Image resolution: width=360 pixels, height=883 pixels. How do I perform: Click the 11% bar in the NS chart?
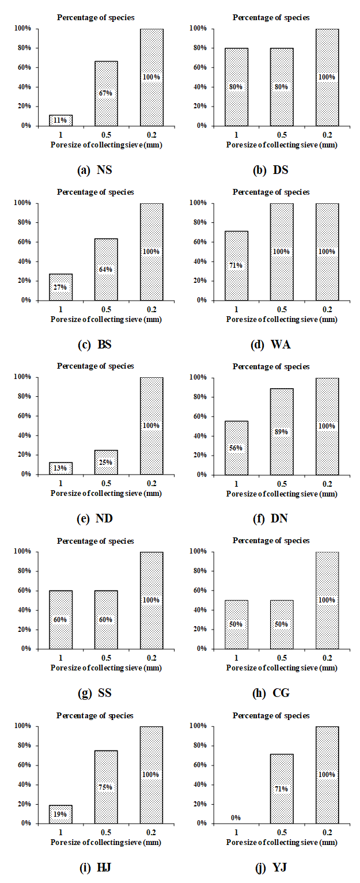pos(60,120)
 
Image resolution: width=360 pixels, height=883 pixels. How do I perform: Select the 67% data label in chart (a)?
pos(106,93)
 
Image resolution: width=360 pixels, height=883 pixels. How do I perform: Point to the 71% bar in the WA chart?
pos(237,266)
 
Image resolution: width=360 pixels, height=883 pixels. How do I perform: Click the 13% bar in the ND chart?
pos(60,468)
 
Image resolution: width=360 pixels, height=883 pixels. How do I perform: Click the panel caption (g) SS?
pos(94,692)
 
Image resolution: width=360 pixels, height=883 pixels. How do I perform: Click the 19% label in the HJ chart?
pos(60,814)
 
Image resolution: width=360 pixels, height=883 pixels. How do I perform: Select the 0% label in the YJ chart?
pos(237,817)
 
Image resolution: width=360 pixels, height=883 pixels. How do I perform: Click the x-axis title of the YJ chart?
pos(281,842)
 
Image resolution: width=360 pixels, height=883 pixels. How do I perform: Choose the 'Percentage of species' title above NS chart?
pos(95,17)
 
